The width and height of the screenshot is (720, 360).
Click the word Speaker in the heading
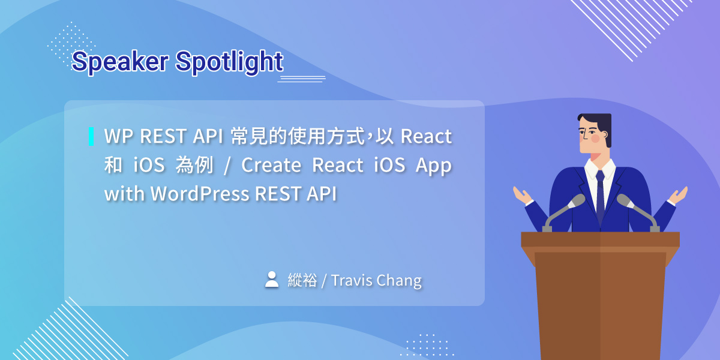pyautogui.click(x=119, y=62)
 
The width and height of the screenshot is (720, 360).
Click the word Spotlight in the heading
pyautogui.click(x=229, y=62)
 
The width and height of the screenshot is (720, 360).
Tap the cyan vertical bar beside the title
pyautogui.click(x=91, y=136)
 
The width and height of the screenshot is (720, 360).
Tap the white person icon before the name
pyautogui.click(x=272, y=279)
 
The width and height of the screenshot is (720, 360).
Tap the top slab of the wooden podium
pyautogui.click(x=600, y=239)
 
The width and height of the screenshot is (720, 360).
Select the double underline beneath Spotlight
pyautogui.click(x=301, y=79)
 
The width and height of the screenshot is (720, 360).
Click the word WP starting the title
pyautogui.click(x=118, y=137)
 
